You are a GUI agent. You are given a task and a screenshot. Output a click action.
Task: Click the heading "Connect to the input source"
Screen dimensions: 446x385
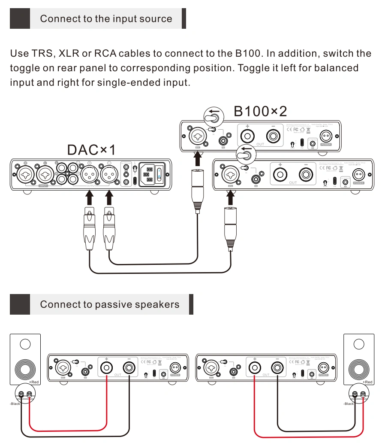(106, 19)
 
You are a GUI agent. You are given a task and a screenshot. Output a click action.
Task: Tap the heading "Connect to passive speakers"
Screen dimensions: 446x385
(109, 304)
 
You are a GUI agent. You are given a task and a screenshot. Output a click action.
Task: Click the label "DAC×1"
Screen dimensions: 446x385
(92, 150)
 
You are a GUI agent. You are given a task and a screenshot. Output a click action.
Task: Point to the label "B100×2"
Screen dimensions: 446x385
(260, 111)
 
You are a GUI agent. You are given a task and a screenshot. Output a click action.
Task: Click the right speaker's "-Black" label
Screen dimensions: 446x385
(349, 404)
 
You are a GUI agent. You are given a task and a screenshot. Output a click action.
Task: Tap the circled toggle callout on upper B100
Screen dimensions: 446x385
(214, 116)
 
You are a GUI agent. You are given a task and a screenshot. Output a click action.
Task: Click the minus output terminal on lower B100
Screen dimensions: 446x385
(306, 175)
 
